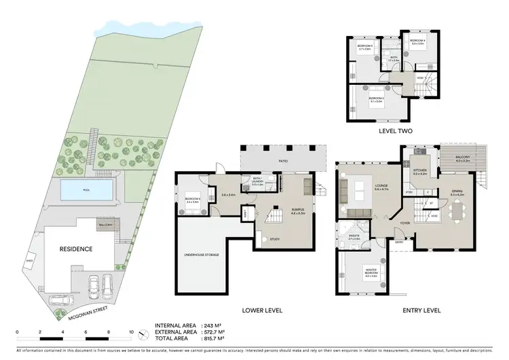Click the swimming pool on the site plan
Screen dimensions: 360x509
[x=86, y=190]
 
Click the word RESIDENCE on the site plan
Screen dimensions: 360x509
[x=75, y=249]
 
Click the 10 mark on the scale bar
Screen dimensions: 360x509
[x=132, y=331]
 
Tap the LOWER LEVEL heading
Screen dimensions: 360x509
[x=263, y=310]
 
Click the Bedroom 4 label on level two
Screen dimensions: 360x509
[x=417, y=41]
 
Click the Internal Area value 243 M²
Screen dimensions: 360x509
[x=214, y=325]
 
